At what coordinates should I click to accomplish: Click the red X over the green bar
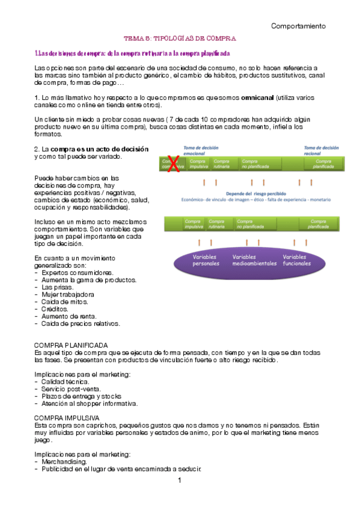[x=173, y=164]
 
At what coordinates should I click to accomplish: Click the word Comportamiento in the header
[x=298, y=26]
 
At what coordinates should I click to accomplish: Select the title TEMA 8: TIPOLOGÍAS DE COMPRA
[x=180, y=38]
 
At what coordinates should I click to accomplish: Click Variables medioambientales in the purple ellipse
[x=252, y=260]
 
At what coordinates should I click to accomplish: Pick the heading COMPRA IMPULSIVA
[x=67, y=417]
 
